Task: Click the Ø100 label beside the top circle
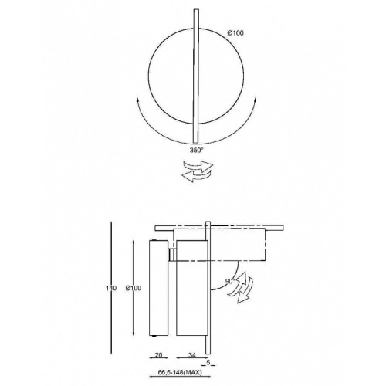coord(235,33)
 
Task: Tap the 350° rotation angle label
coord(196,151)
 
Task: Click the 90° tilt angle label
coord(230,281)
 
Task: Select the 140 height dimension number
coord(111,288)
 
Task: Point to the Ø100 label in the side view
coord(134,288)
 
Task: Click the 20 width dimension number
coord(159,355)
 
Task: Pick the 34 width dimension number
coord(192,355)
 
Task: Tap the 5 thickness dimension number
coord(208,362)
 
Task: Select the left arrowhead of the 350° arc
coord(137,100)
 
